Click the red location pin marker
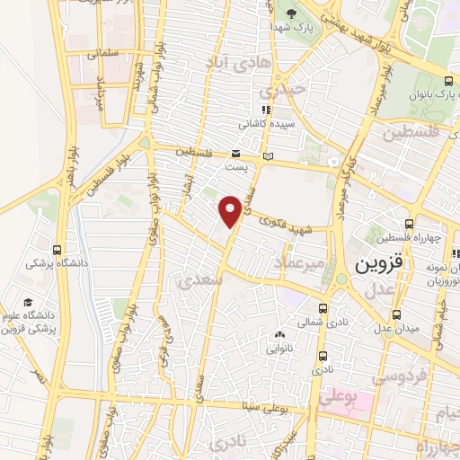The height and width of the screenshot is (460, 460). pyautogui.click(x=230, y=210)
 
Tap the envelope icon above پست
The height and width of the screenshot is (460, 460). pyautogui.click(x=235, y=154)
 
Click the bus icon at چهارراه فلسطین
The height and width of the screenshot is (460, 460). pyautogui.click(x=409, y=223)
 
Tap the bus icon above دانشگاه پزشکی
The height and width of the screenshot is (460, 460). pyautogui.click(x=58, y=250)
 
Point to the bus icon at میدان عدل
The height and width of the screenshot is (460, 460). pyautogui.click(x=396, y=314)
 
